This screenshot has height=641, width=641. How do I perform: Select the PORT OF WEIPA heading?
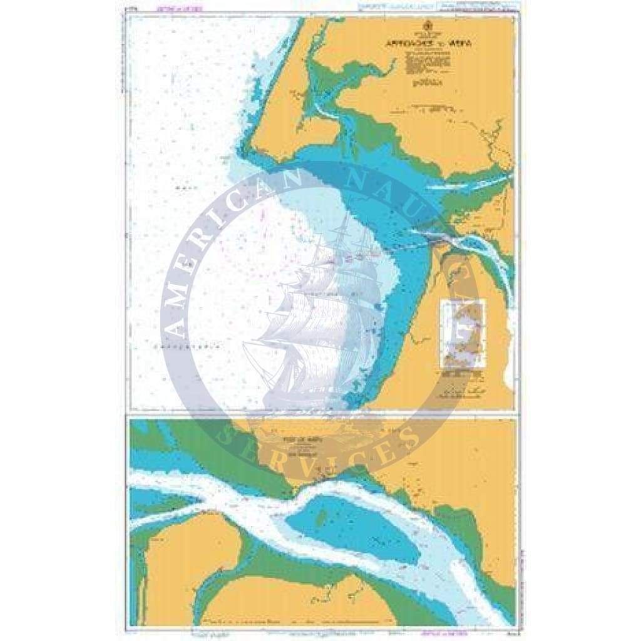click(x=292, y=440)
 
